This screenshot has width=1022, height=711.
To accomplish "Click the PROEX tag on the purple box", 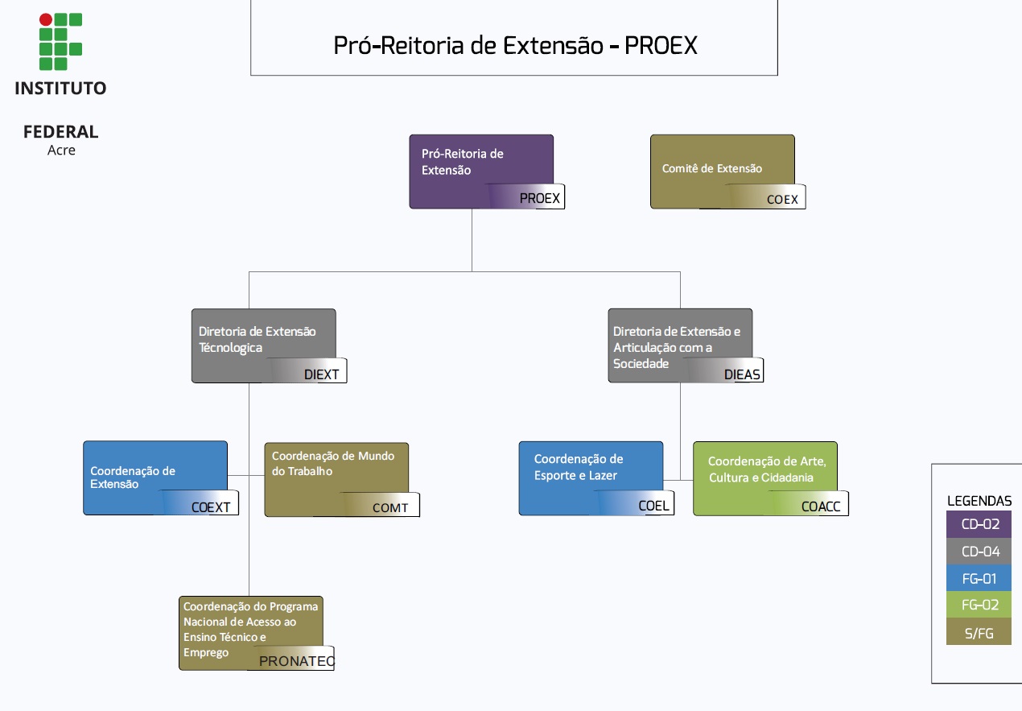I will click(539, 198).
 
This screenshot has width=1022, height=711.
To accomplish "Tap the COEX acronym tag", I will click(781, 199).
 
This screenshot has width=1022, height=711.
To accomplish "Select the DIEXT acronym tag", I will click(321, 374).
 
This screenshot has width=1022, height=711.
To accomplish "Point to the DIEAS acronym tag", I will click(741, 374).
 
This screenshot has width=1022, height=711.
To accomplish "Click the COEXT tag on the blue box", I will click(211, 507).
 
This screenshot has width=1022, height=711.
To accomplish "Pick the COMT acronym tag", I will click(390, 507).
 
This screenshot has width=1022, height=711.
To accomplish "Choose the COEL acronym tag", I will click(653, 506).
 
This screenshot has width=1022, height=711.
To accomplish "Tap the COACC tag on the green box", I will click(822, 506).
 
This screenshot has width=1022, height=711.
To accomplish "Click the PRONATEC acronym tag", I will click(296, 661).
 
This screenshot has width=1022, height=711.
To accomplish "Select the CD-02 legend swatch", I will click(979, 524).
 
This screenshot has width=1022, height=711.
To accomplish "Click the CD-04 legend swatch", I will click(979, 552).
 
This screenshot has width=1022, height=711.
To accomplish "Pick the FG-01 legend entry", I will click(979, 578).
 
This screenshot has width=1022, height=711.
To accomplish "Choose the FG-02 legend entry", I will click(979, 606).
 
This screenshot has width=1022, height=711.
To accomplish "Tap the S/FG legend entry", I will click(979, 633).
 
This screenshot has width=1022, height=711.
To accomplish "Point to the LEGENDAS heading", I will click(979, 500).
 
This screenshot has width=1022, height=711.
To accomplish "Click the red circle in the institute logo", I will click(46, 19).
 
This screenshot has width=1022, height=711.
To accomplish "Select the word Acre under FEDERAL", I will click(61, 151).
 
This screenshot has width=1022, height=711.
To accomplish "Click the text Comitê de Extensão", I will click(711, 168).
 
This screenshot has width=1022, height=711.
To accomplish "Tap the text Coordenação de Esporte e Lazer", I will click(578, 467).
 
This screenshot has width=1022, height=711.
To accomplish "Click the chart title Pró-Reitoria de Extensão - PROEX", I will click(515, 45).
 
